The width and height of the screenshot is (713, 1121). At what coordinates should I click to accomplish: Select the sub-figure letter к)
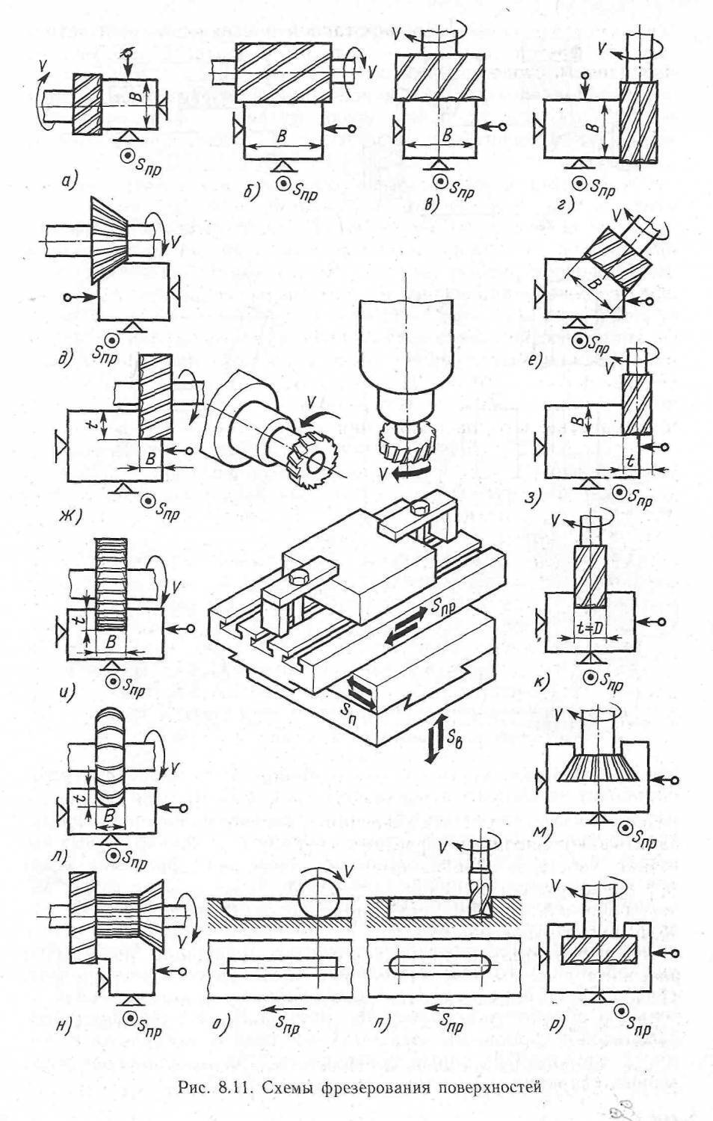coord(542,680)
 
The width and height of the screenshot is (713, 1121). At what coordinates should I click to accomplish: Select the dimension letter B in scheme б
coord(283,135)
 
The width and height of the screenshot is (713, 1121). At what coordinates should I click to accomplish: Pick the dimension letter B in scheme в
coord(446,135)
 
